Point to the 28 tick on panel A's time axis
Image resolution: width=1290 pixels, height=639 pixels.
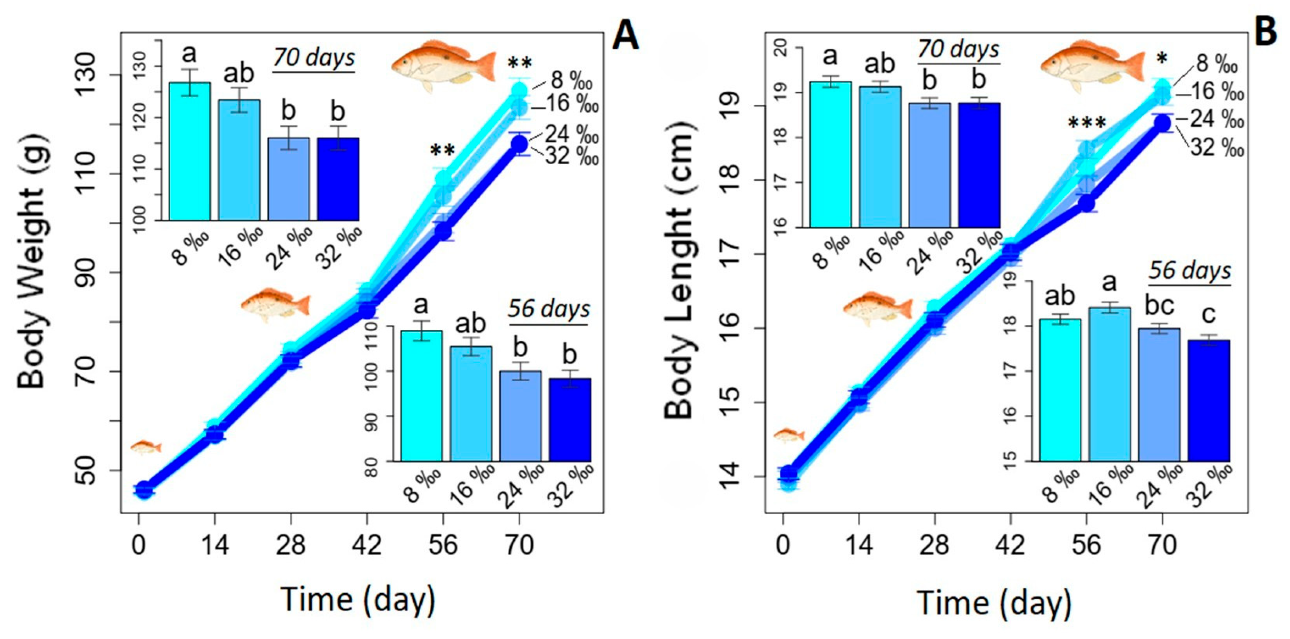tap(290, 544)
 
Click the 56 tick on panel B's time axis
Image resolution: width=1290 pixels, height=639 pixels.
tap(1087, 544)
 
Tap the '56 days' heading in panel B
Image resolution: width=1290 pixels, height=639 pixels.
tap(1190, 271)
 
